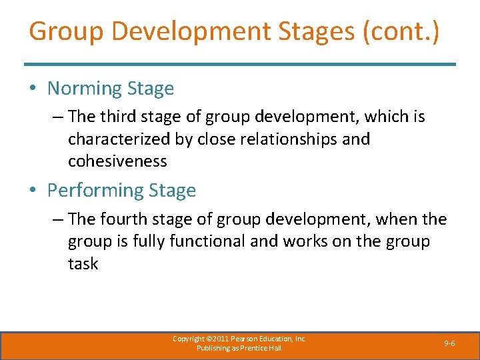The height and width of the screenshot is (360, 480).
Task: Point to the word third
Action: pos(118,117)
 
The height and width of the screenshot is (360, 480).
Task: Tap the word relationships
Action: pos(293,139)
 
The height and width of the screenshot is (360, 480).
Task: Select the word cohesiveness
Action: pos(117,161)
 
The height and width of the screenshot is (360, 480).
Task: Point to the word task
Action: pos(83,264)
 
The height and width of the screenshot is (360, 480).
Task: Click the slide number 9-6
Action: pos(449,343)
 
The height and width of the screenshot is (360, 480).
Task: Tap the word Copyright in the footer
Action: pos(189,339)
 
